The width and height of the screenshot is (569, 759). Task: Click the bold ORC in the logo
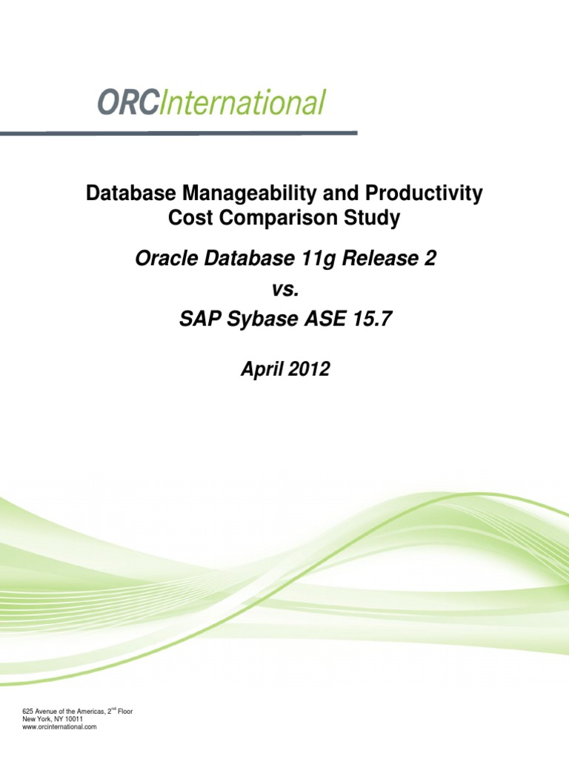click(127, 103)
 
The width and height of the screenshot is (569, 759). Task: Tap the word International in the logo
click(242, 103)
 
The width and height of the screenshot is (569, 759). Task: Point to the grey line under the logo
click(178, 133)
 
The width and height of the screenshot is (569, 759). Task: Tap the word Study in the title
click(372, 218)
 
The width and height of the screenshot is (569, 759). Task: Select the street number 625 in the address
click(30, 712)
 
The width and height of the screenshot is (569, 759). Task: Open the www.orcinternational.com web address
click(61, 727)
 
